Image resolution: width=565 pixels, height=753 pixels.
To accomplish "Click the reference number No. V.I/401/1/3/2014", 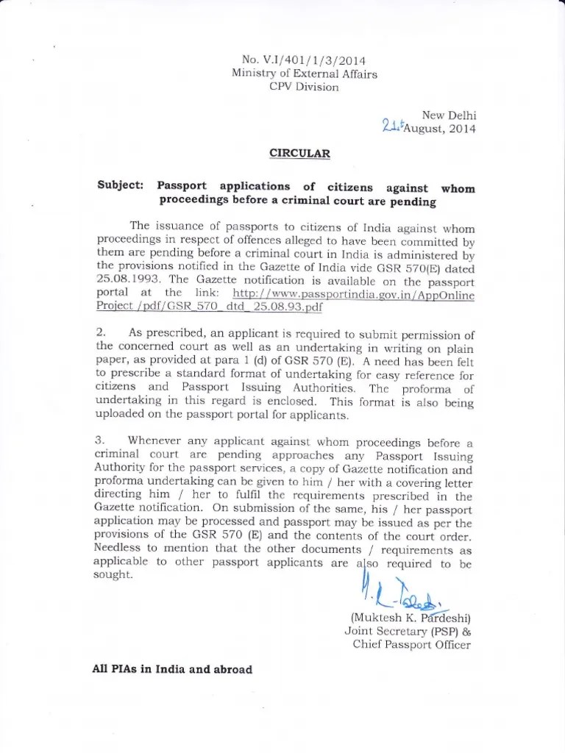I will (304, 60).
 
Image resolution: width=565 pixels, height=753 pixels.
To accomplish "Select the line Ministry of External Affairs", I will (304, 74).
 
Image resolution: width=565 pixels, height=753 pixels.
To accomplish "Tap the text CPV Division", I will (305, 87).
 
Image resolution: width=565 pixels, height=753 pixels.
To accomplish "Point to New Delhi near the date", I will (449, 115).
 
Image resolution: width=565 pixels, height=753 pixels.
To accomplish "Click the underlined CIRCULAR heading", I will (299, 154).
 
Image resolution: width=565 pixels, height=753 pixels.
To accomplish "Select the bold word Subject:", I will (121, 187).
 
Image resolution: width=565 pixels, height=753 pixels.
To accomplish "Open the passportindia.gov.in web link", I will (353, 295).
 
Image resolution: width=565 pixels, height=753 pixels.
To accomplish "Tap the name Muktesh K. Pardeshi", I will (411, 618).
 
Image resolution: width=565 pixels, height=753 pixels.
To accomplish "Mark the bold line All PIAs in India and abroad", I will (174, 670).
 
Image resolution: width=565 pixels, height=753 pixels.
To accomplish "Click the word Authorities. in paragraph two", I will (321, 388).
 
